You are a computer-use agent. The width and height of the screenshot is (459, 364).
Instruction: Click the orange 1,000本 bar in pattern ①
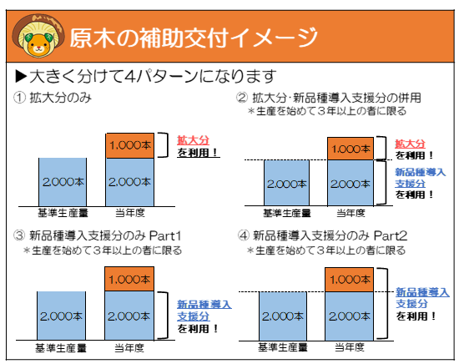pyautogui.click(x=128, y=144)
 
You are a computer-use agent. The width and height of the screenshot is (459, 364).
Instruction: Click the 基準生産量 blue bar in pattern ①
pyautogui.click(x=63, y=180)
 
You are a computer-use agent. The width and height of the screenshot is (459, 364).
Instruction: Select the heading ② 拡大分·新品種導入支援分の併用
pyautogui.click(x=330, y=98)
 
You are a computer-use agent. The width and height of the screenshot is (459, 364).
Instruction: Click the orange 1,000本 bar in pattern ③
pyautogui.click(x=129, y=279)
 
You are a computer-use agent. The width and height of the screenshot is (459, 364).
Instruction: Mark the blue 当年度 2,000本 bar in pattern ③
pyautogui.click(x=129, y=315)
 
